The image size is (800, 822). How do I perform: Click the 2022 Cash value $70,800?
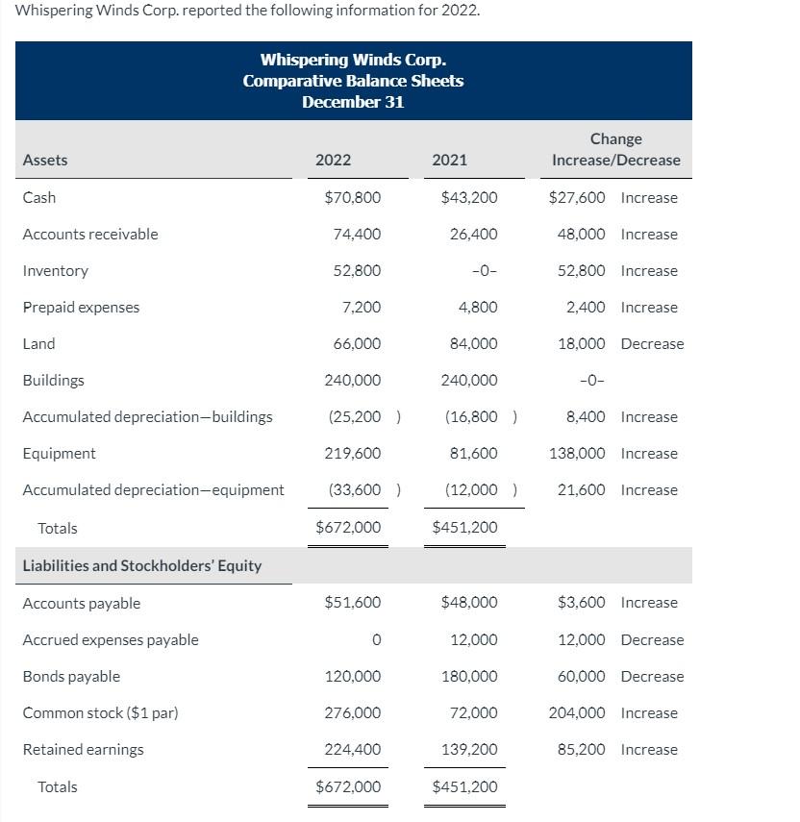[x=353, y=197]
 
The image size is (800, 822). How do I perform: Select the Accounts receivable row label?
[x=90, y=234]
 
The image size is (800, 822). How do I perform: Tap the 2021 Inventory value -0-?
[x=485, y=271]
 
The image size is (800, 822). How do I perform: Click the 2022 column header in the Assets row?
[x=333, y=160]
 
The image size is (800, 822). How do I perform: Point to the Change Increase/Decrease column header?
[x=615, y=150]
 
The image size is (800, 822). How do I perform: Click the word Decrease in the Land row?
[x=652, y=343]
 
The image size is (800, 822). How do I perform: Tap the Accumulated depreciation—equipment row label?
[x=153, y=489]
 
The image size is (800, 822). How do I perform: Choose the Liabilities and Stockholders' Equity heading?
[x=141, y=565]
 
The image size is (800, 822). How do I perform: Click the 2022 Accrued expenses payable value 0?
[x=376, y=640]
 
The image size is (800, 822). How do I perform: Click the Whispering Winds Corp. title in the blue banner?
[x=353, y=61]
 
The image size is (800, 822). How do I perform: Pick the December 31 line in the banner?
[x=353, y=102]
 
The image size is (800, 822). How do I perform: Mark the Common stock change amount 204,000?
[x=577, y=712]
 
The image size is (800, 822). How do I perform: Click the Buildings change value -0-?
[x=590, y=380]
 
